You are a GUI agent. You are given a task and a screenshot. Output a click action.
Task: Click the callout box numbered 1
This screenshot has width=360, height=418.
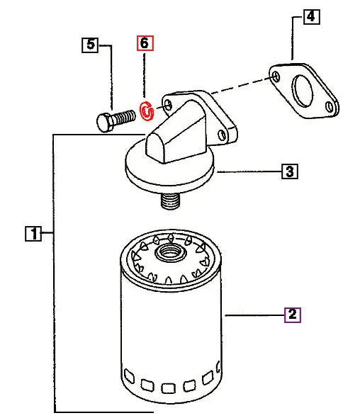tap(32, 232)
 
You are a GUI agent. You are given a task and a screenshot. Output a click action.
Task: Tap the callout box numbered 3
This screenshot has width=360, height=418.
tap(288, 171)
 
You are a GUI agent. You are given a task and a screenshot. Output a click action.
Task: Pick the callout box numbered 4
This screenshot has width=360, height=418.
tap(311, 16)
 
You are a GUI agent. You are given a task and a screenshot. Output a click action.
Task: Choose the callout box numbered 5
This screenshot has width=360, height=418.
tap(89, 45)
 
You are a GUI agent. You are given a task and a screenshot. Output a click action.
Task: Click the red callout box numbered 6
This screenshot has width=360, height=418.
tap(145, 44)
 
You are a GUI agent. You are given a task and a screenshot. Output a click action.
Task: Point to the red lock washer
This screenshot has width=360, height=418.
tap(147, 111)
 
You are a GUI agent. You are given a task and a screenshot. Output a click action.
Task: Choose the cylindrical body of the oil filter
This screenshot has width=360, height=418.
tap(170, 326)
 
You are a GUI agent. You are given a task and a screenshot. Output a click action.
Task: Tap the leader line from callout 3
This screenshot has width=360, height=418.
tap(248, 171)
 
